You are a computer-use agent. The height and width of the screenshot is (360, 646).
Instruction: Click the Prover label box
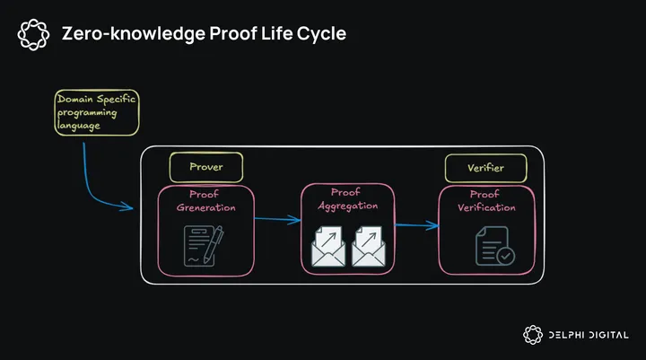click(x=205, y=167)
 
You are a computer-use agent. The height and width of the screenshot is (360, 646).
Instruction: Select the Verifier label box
click(x=484, y=167)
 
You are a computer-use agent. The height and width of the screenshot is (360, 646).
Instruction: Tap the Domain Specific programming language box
click(x=97, y=112)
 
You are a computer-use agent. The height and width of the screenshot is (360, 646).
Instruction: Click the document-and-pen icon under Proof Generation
click(x=203, y=245)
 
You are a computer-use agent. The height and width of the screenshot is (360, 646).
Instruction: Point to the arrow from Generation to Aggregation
click(x=277, y=218)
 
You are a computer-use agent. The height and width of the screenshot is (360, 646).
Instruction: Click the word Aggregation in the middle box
click(x=347, y=206)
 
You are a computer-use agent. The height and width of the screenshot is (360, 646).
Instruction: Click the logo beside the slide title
click(x=33, y=34)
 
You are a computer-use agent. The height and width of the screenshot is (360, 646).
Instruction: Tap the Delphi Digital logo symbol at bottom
click(x=533, y=335)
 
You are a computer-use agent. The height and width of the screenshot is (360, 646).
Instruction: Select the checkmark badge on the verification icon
click(x=506, y=255)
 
